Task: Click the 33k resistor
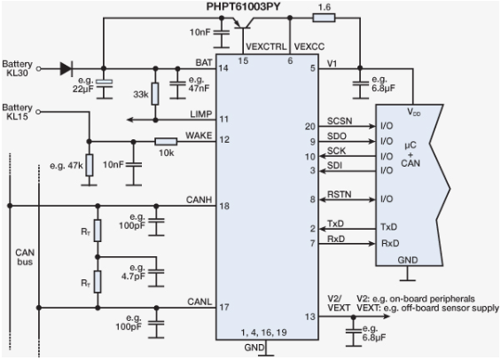(155, 91)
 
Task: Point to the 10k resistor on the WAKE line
(165, 140)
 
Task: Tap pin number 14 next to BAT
(223, 67)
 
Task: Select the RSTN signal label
(339, 192)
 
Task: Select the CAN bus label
(25, 258)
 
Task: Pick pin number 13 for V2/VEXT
(309, 317)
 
